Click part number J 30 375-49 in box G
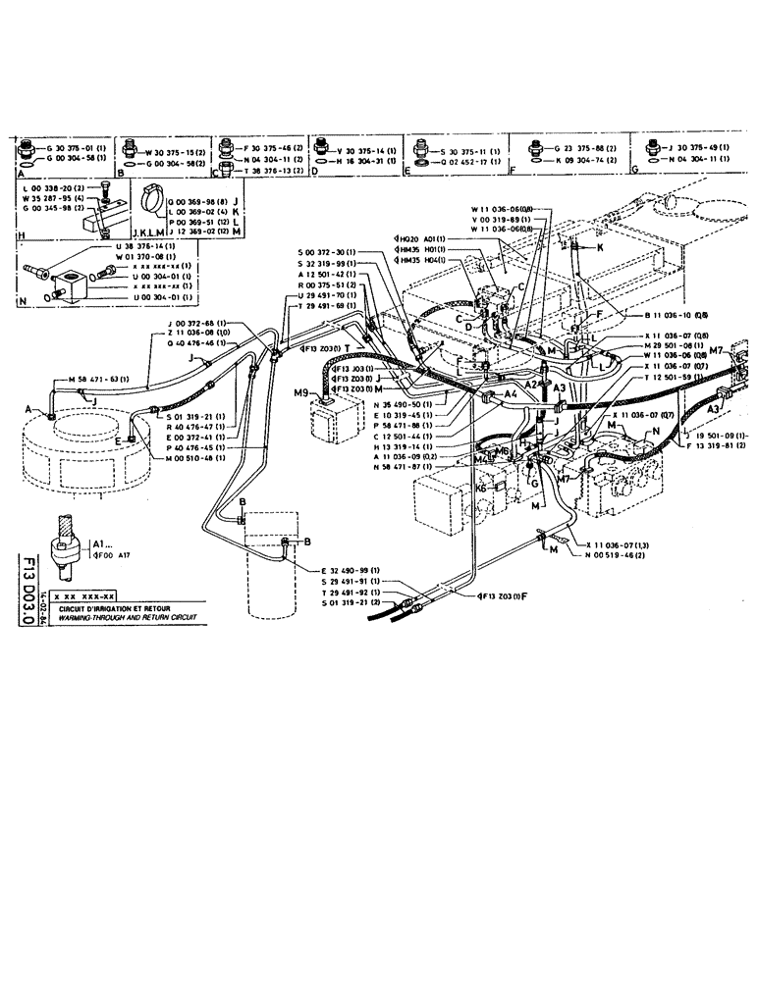[699, 146]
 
